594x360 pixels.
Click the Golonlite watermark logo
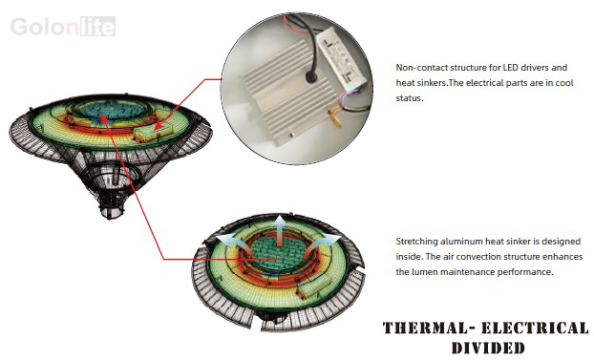tap(63, 27)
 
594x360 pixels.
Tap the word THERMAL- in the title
tap(426, 328)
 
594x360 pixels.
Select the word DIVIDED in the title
tap(488, 348)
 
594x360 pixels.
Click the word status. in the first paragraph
tap(410, 97)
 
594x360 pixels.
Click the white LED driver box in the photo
tap(339, 58)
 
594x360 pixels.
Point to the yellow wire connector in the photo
tap(335, 116)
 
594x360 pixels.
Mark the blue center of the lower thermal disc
tap(279, 252)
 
